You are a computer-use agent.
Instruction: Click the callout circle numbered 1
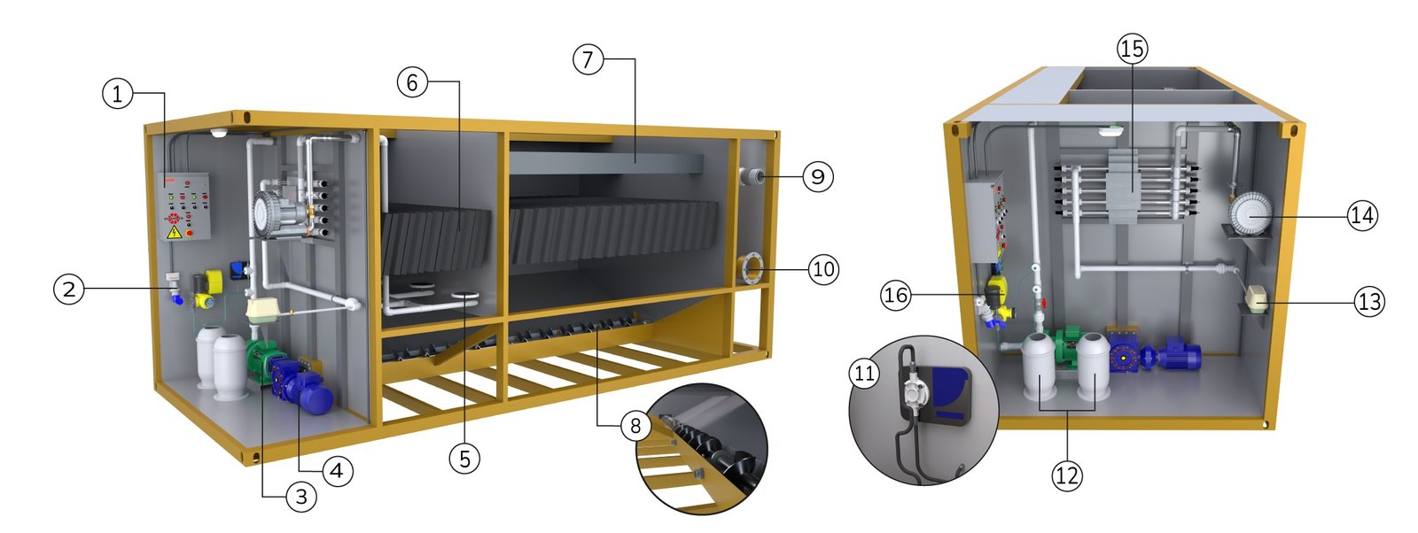[117, 94]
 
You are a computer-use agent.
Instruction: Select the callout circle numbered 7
[588, 59]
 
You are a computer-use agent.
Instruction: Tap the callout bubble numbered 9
[818, 176]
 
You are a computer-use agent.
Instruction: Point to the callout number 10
[823, 269]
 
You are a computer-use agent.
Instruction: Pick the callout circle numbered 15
[1132, 48]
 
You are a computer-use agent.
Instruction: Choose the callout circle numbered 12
[1067, 475]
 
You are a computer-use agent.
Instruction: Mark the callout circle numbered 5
[464, 459]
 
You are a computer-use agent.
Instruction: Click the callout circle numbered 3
[301, 497]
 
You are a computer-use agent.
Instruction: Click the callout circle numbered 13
[1369, 302]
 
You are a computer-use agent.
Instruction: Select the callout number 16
[896, 295]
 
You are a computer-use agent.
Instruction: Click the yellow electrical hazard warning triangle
[174, 233]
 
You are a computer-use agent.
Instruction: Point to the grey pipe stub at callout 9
[751, 175]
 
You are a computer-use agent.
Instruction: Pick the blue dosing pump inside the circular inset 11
[949, 397]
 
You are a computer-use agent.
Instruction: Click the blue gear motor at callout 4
[300, 388]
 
